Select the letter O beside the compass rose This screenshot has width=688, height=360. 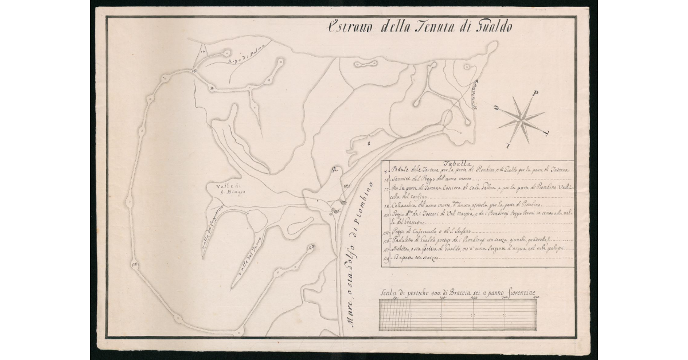pos(497,108)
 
